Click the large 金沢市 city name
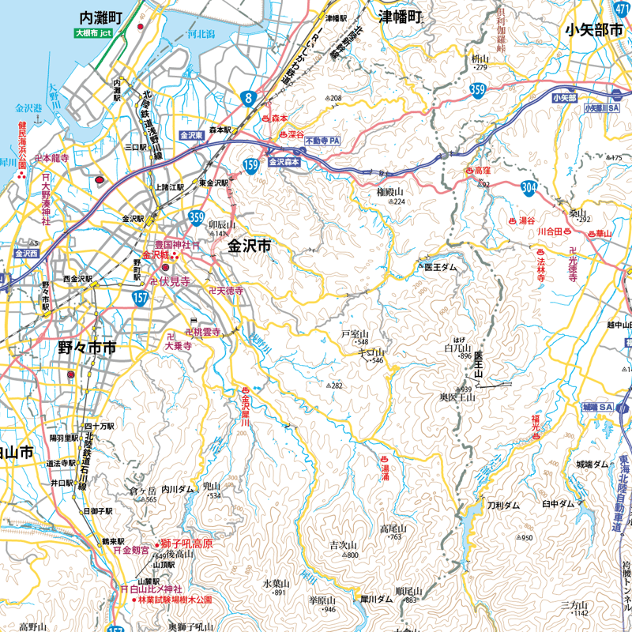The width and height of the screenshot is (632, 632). click(x=249, y=246)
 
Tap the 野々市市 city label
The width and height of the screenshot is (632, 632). click(x=87, y=348)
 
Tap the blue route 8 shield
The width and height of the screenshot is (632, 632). click(x=250, y=99)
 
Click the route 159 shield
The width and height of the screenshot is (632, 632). click(x=251, y=166)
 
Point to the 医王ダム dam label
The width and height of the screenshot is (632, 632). click(x=440, y=268)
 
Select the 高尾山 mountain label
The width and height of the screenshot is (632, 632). click(x=392, y=529)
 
